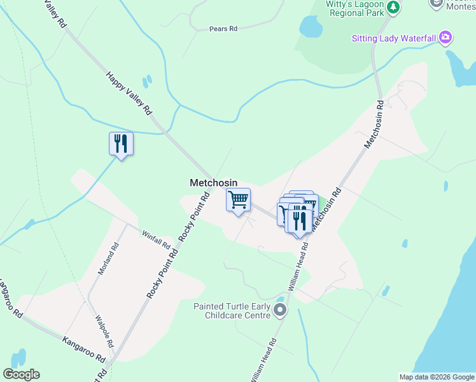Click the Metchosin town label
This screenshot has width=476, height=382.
coord(213,183)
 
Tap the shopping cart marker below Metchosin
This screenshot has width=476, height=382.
coord(238,200)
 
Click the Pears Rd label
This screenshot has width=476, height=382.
coord(223,29)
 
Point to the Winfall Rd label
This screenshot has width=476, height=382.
coord(156,239)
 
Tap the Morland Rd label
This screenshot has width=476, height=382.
coord(108,258)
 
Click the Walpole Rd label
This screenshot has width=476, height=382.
coord(104,331)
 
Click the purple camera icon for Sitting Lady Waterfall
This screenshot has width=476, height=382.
coord(445,38)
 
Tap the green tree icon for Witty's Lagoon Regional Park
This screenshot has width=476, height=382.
coord(395,6)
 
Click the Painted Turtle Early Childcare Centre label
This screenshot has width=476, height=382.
coord(232,311)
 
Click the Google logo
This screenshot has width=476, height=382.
coord(21,374)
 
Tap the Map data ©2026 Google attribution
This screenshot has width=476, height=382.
coord(436,377)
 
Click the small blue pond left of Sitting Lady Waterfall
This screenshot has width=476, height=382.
coord(311,27)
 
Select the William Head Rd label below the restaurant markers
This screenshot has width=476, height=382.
coord(298,266)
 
